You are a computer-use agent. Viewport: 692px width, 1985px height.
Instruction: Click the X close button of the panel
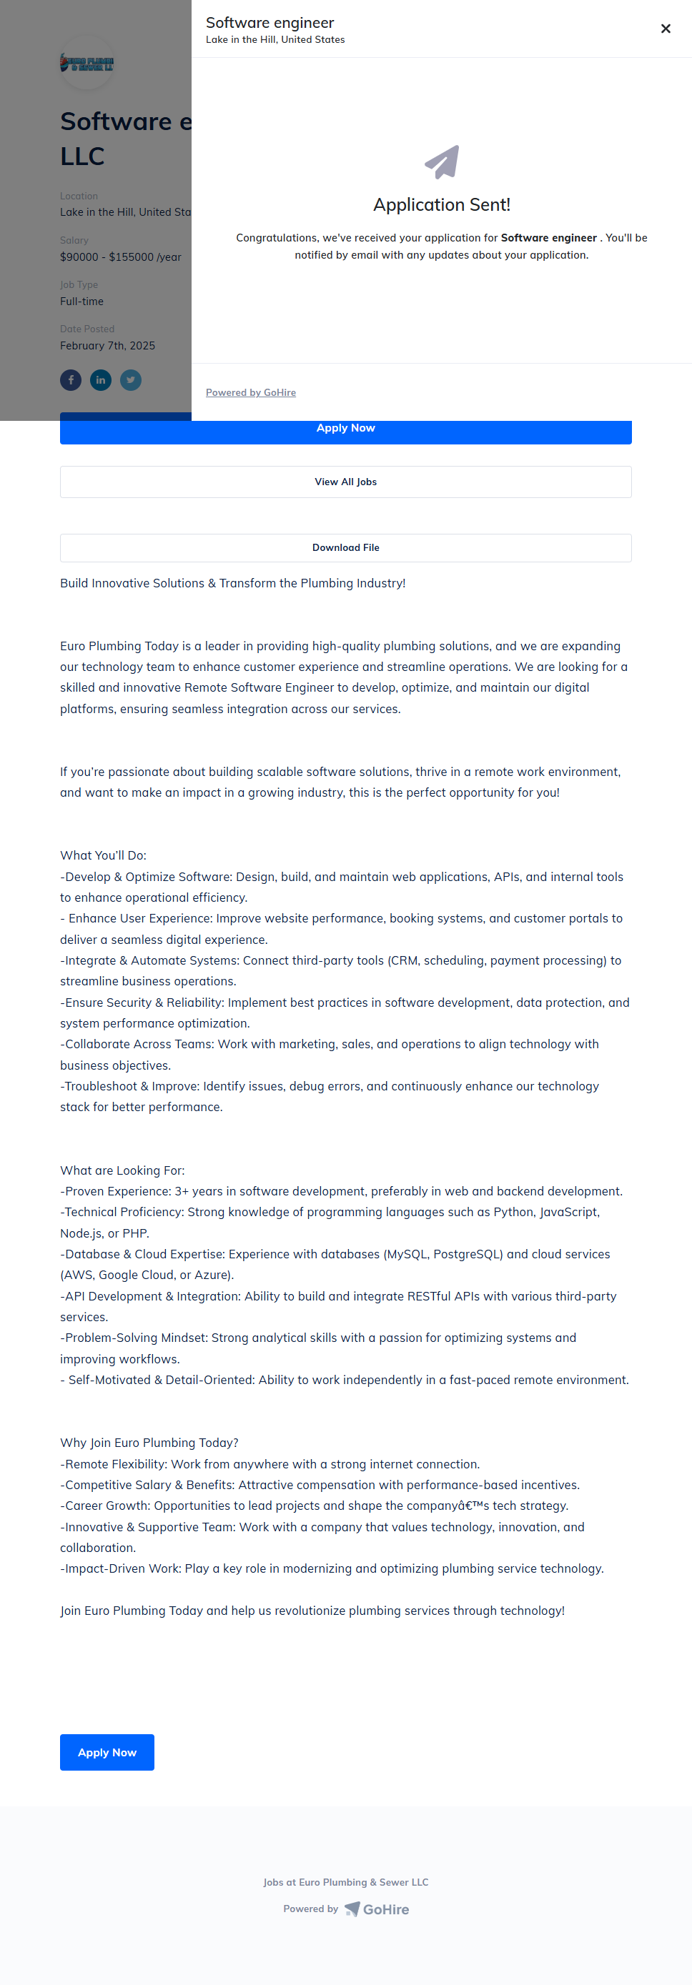(x=666, y=29)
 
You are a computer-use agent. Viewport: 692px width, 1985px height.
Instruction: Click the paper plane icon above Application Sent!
(x=442, y=161)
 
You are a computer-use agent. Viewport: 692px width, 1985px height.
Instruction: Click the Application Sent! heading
(x=442, y=205)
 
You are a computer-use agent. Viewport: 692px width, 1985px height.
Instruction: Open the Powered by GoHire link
(x=250, y=392)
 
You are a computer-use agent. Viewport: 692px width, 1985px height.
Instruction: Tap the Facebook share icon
(x=71, y=380)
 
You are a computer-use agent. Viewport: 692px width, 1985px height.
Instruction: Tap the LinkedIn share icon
(x=101, y=380)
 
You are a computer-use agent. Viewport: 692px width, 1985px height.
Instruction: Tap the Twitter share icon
(x=131, y=380)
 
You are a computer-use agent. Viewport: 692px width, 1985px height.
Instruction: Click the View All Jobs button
(x=345, y=482)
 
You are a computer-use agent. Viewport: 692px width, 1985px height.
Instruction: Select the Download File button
(x=345, y=547)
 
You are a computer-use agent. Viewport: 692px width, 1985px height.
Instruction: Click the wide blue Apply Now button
(x=345, y=429)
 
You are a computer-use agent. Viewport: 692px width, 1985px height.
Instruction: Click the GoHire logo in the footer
(x=377, y=1909)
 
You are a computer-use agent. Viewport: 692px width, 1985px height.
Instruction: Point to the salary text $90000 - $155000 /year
(x=121, y=257)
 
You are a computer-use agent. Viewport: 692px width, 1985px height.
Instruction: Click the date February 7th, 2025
(x=108, y=345)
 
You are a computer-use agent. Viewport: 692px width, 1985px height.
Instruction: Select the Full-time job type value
(x=81, y=302)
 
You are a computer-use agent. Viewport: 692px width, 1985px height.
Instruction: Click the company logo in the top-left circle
(x=87, y=63)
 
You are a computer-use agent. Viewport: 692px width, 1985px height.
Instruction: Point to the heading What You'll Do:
(x=103, y=855)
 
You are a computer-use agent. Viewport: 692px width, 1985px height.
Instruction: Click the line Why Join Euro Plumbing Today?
(x=149, y=1443)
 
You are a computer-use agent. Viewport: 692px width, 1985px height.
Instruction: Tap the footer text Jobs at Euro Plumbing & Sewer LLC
(x=345, y=1881)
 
